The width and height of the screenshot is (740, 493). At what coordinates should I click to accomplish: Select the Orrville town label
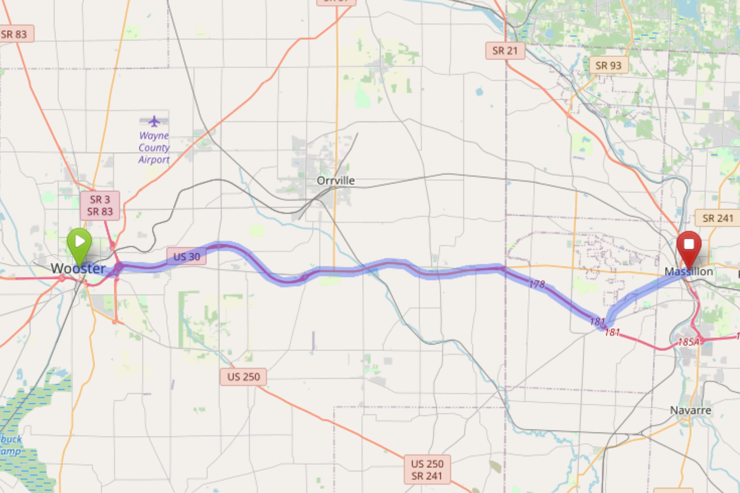tap(336, 181)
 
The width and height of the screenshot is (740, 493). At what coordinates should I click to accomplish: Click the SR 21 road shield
tap(505, 51)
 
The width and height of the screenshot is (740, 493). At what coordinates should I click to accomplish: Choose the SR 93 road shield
tap(609, 65)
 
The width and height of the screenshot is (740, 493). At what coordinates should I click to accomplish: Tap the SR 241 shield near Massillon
tap(718, 218)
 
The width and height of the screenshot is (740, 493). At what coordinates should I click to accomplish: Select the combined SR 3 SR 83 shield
tap(100, 205)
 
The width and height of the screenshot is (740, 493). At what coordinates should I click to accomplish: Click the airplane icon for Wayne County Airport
tap(154, 121)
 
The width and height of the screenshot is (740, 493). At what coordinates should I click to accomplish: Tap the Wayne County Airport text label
tap(154, 148)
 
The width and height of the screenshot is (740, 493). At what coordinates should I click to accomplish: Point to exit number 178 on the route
tap(537, 285)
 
